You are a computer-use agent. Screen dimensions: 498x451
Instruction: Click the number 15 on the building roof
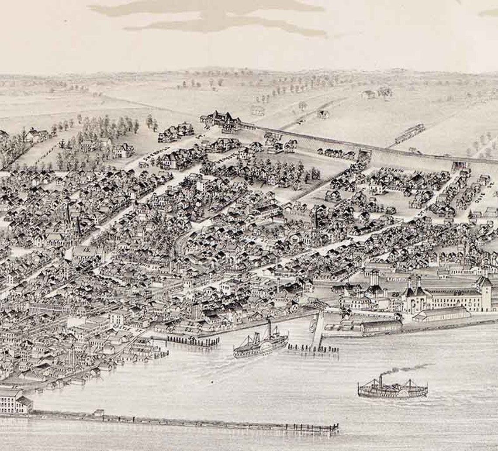tap(86, 251)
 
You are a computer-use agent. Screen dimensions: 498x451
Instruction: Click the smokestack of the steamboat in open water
tap(380, 381)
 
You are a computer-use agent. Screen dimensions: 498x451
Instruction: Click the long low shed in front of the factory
tap(441, 314)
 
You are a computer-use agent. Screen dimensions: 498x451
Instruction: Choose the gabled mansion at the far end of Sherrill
tap(221, 120)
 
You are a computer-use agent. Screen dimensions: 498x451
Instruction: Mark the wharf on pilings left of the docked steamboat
tap(192, 340)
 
